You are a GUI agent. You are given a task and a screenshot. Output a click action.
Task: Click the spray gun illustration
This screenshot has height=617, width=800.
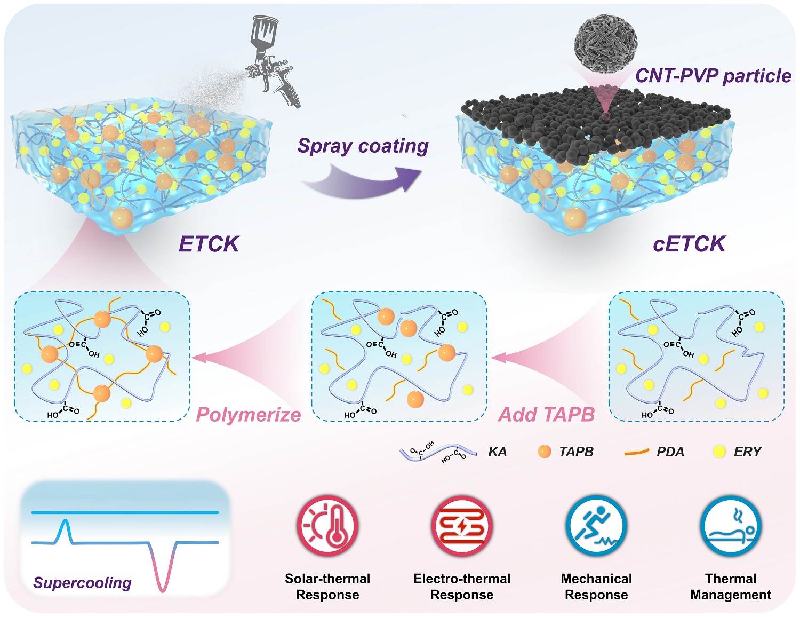tap(272, 61)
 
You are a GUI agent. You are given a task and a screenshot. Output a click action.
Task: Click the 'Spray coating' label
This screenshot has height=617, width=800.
tap(363, 146)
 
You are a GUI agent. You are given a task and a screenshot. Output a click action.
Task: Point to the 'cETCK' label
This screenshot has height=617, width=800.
tap(689, 244)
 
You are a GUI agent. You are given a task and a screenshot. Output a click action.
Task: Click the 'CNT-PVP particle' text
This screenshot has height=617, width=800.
tap(713, 76)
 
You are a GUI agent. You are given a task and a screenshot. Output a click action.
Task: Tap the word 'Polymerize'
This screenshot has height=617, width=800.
tap(248, 415)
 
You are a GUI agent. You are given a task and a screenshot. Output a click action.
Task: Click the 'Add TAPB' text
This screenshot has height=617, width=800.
tap(546, 415)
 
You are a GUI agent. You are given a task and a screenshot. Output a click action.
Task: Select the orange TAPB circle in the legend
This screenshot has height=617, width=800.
tap(545, 452)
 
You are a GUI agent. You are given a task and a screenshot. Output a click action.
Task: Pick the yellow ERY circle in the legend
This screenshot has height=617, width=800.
tap(719, 452)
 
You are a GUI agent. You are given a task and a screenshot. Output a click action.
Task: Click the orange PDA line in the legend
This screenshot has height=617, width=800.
tap(636, 452)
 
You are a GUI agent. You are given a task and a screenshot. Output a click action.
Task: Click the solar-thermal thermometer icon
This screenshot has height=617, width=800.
tap(327, 526)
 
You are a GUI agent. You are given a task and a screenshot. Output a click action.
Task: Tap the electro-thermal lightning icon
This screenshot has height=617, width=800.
tap(462, 526)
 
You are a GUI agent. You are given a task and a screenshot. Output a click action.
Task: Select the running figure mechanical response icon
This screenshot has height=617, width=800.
tap(596, 526)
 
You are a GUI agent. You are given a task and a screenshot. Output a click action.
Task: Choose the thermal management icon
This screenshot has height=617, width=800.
tap(731, 526)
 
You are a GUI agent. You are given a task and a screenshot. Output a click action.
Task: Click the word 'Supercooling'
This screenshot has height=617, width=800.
tap(82, 583)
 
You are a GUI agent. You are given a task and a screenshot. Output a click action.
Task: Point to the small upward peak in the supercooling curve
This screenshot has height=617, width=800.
tap(65, 528)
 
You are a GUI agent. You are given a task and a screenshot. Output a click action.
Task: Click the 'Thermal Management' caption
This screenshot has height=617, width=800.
tap(731, 587)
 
